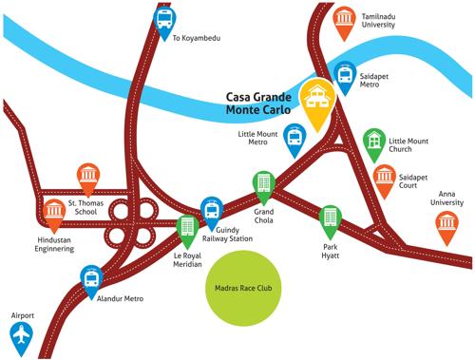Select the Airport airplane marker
pos(19,335)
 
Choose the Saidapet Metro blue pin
pos(345,73)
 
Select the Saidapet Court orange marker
pos(384,178)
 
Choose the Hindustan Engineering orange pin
pos(53,213)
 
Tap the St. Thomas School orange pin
pos(87,176)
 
